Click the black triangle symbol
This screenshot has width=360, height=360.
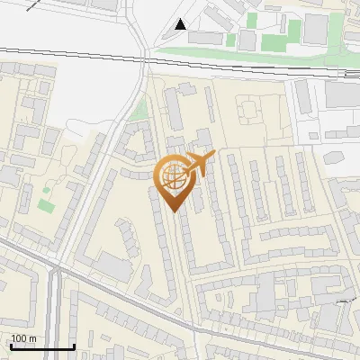point(181,24)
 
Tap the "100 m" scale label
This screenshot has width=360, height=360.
point(23,338)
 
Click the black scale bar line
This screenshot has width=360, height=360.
point(41,346)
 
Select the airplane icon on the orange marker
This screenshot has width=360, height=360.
point(199,163)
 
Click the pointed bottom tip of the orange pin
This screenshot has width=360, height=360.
point(174,211)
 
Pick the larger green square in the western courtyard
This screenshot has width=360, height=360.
point(46,205)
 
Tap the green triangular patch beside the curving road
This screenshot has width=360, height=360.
point(138,112)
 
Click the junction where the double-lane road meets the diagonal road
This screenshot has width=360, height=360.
point(56,268)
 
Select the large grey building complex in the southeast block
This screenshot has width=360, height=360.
point(270,297)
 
